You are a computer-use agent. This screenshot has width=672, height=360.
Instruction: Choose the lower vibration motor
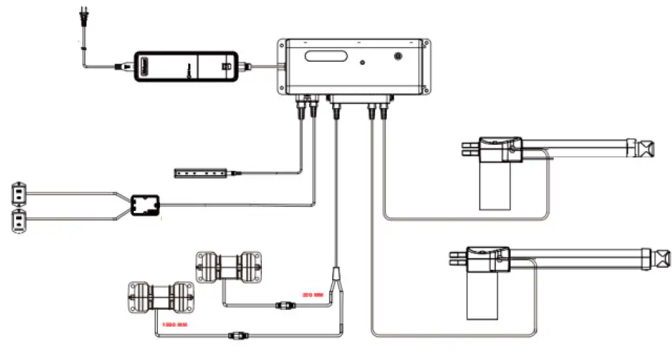pyautogui.click(x=163, y=296)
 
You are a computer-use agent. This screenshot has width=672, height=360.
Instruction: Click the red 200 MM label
pyautogui.click(x=312, y=295)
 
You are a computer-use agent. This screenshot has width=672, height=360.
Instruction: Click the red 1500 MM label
pyautogui.click(x=173, y=324)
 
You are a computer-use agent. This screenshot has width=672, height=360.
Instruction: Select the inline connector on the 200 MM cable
pyautogui.click(x=283, y=305)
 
